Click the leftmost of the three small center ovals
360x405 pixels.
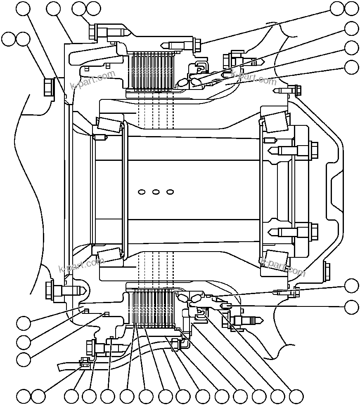142,192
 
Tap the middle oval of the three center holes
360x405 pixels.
156,192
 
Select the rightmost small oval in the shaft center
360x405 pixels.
170,192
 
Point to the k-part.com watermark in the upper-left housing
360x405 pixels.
92,80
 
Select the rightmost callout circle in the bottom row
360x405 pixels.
296,397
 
